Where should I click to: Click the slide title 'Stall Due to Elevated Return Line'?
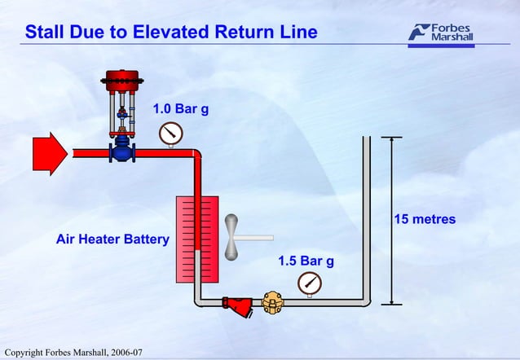click(170, 33)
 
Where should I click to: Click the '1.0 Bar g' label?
click(181, 109)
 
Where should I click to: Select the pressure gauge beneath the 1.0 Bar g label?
click(170, 132)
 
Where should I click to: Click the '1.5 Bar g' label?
click(306, 261)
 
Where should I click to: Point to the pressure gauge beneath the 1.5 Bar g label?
click(310, 283)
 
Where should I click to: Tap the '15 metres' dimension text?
click(425, 219)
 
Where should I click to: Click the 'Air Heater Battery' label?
click(112, 239)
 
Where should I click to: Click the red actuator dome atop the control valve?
click(121, 80)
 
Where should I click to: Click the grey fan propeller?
click(235, 237)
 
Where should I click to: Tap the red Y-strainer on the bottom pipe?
click(242, 305)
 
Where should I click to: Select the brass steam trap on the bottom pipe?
click(272, 303)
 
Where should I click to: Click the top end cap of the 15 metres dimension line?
click(392, 137)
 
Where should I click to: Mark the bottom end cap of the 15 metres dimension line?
click(392, 304)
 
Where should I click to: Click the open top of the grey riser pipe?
click(366, 138)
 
